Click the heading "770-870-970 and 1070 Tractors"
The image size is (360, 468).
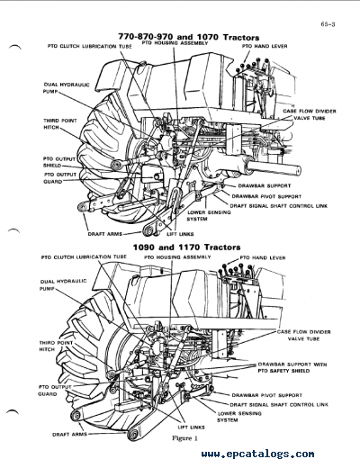[184, 36]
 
